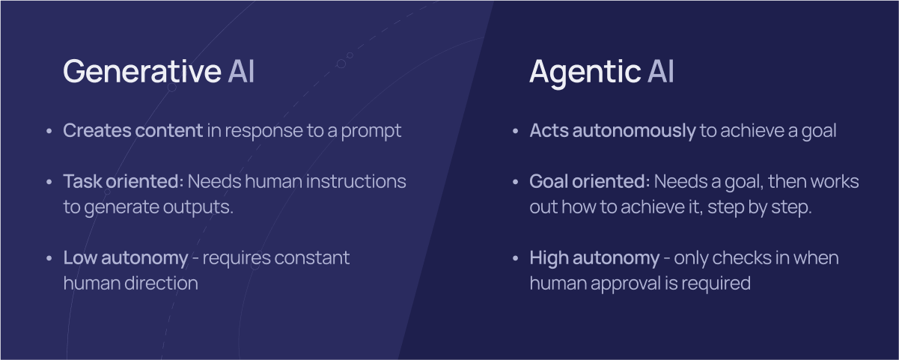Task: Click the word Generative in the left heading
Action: click(142, 71)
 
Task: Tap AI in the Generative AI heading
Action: click(241, 71)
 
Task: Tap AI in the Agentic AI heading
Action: click(661, 71)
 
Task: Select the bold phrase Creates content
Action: click(132, 130)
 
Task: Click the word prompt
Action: click(371, 132)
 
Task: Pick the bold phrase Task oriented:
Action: click(124, 181)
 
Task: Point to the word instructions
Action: click(356, 181)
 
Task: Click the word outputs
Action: click(198, 207)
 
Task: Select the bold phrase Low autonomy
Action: click(126, 258)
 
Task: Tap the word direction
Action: click(162, 283)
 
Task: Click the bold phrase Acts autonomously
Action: click(612, 131)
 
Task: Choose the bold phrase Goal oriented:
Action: click(590, 181)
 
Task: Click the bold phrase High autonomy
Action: click(594, 258)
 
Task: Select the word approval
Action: click(626, 284)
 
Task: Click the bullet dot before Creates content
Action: click(49, 131)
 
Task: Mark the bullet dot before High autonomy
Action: click(516, 258)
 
